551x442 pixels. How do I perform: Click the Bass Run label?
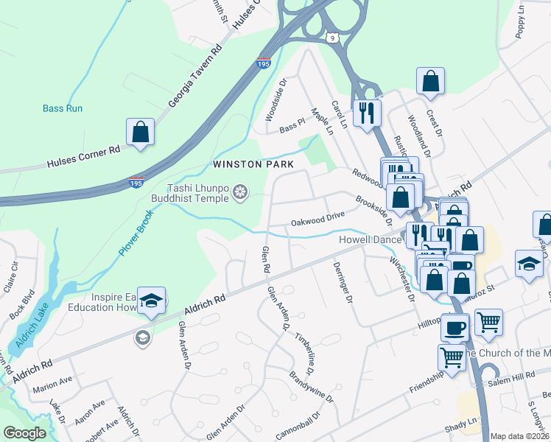tap(63, 108)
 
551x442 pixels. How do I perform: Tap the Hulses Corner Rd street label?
tap(83, 155)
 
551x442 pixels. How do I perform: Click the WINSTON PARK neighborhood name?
tap(253, 164)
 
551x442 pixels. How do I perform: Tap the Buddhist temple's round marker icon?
tap(239, 193)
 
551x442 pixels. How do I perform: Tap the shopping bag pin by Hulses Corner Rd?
tap(140, 133)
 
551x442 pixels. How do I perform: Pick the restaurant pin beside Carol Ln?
tap(366, 113)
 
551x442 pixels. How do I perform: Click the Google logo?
tap(24, 433)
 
